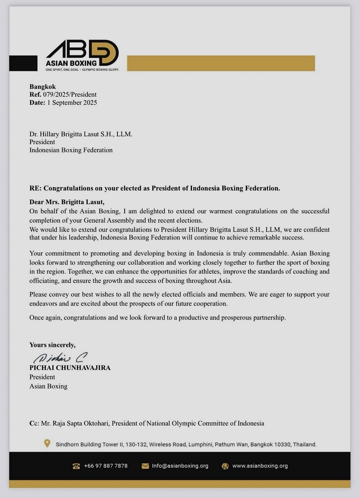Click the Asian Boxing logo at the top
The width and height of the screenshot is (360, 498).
[x=82, y=56]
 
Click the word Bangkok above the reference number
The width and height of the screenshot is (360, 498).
[x=43, y=87]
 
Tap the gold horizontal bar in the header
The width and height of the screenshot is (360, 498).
[x=221, y=63]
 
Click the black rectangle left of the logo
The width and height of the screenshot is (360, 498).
[x=23, y=63]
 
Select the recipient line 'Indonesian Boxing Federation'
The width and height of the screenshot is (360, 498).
[x=71, y=150]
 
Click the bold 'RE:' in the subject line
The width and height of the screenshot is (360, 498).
[x=36, y=188]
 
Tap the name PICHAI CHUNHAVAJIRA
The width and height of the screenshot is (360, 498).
[x=70, y=368]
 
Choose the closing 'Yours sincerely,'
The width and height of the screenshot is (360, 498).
[x=53, y=345]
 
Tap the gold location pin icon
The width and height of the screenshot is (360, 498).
[x=47, y=444]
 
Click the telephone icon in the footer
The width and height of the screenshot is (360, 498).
[x=76, y=466]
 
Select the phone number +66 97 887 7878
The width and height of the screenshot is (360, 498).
[x=106, y=466]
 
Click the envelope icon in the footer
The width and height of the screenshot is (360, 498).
[x=145, y=466]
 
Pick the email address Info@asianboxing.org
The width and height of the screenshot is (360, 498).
[x=180, y=466]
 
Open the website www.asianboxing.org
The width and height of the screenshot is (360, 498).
[x=260, y=466]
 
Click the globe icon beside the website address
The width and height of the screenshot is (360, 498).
[x=225, y=466]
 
